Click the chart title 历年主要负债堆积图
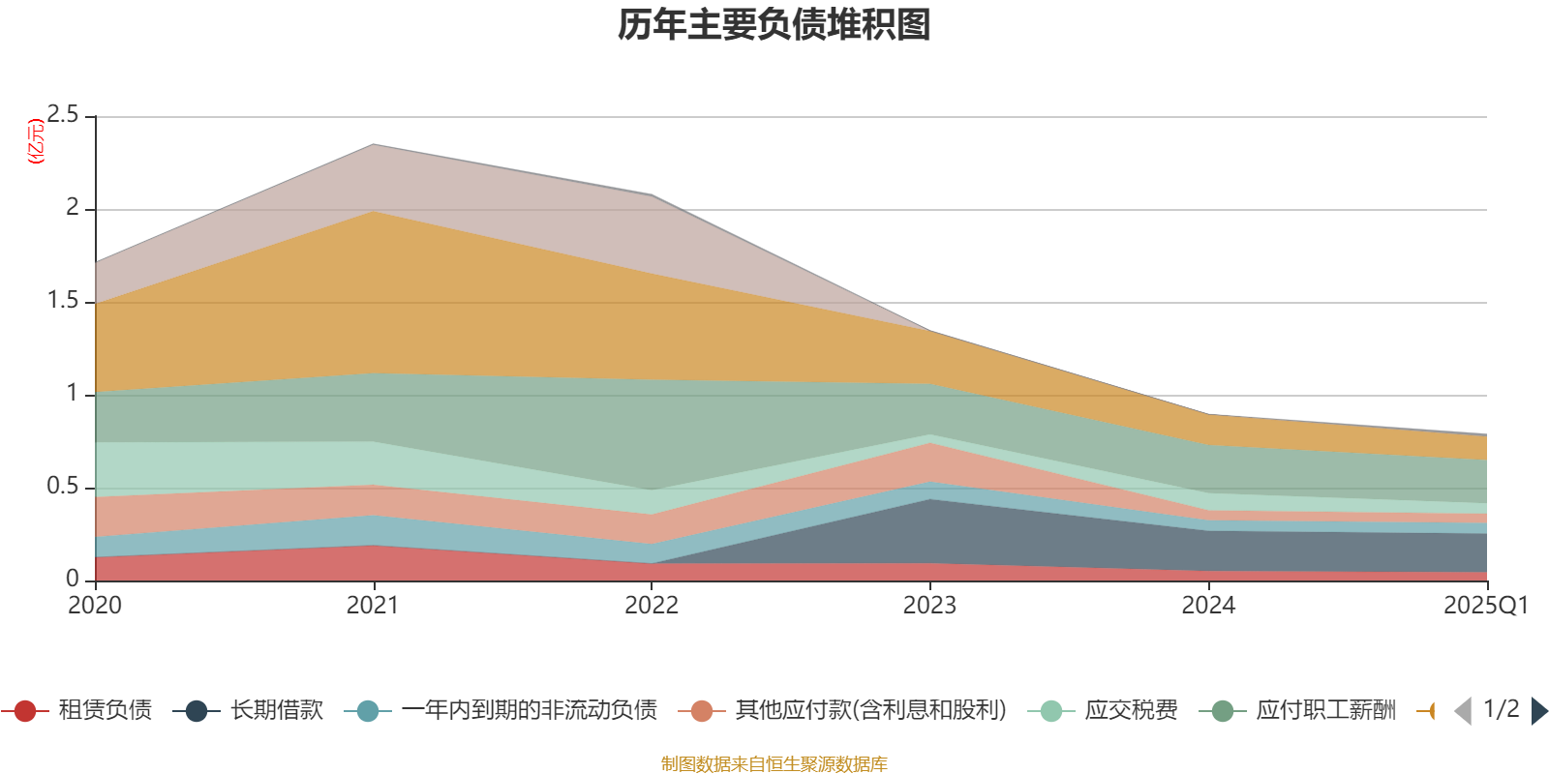pyautogui.click(x=774, y=25)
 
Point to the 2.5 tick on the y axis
pyautogui.click(x=63, y=115)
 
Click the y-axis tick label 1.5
pyautogui.click(x=63, y=301)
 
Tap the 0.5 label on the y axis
pyautogui.click(x=63, y=487)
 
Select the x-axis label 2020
pyautogui.click(x=95, y=606)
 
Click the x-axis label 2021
pyautogui.click(x=373, y=606)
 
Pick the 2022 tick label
pyautogui.click(x=652, y=606)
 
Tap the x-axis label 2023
pyautogui.click(x=929, y=606)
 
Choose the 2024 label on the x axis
pyautogui.click(x=1208, y=606)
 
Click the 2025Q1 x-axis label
pyautogui.click(x=1485, y=606)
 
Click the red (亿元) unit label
pyautogui.click(x=36, y=141)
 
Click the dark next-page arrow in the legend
pyautogui.click(x=1538, y=711)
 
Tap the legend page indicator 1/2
pyautogui.click(x=1502, y=709)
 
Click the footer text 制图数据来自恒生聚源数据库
pyautogui.click(x=774, y=764)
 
